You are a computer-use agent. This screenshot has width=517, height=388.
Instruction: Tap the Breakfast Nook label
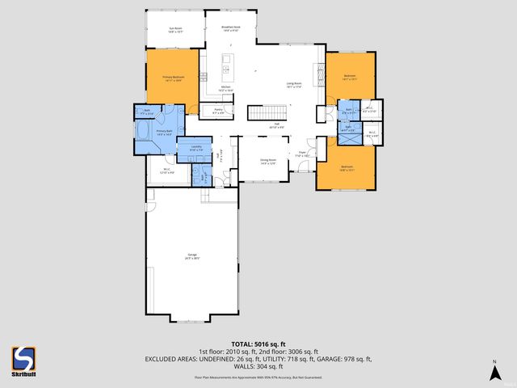coord(229,28)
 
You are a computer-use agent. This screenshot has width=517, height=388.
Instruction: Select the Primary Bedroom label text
coord(170,78)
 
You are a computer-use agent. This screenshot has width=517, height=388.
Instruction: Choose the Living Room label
coord(293,84)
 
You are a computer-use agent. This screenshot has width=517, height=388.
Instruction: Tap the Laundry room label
coord(195,148)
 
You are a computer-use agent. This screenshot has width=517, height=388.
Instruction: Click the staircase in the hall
coord(267,113)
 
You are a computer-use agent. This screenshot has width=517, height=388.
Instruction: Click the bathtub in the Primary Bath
coord(143,132)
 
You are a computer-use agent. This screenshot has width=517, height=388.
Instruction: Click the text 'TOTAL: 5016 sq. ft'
coord(258,344)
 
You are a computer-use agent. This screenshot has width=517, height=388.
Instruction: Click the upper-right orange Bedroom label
coord(349,78)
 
